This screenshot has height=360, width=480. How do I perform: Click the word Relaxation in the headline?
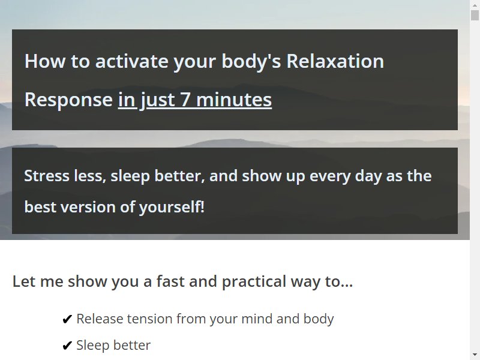pos(335,61)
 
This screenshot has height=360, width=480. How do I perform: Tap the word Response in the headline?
pos(68,100)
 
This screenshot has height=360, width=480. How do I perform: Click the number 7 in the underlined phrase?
pos(185,100)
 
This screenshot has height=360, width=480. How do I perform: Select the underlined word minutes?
pos(234,100)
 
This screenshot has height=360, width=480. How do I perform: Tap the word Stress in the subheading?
pos(47,176)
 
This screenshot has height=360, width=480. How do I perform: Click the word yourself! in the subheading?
pos(172,207)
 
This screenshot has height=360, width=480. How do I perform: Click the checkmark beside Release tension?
pos(67,319)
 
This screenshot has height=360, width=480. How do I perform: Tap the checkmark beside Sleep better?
pos(67,346)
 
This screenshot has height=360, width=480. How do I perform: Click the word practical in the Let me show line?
pos(254,281)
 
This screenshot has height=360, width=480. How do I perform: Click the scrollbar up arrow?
pos(475,5)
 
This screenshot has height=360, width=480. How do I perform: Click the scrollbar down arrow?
pos(475,355)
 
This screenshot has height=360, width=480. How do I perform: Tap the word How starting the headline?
pos(45,61)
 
